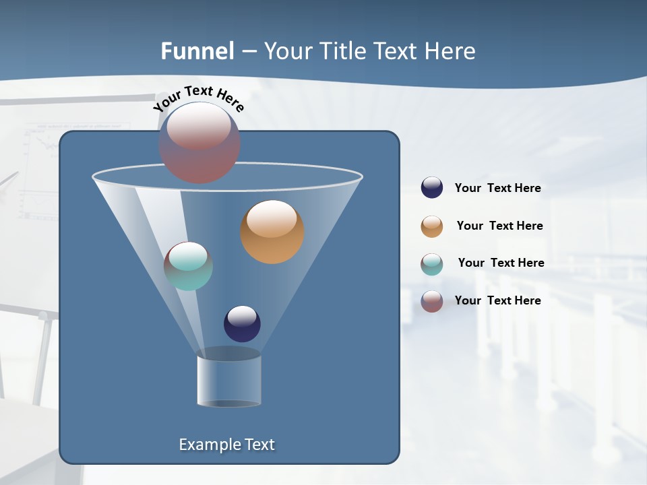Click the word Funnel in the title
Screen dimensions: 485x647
[x=197, y=51]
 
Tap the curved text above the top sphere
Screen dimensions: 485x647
[x=199, y=97]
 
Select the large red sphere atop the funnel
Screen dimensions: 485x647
[x=199, y=143]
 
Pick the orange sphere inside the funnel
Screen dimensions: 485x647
[x=272, y=232]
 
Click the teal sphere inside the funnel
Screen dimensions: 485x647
[x=188, y=266]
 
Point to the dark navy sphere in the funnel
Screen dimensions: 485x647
[x=242, y=324]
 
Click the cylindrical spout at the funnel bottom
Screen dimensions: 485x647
[x=228, y=381]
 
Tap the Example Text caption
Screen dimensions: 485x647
[x=226, y=445]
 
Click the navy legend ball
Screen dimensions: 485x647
[x=432, y=188]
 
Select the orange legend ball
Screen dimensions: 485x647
[x=432, y=226]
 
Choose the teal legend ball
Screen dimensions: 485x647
[x=432, y=264]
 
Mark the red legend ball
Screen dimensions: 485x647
[x=432, y=301]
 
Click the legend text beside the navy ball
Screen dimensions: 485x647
[x=497, y=189]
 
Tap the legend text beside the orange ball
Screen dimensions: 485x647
[x=499, y=226]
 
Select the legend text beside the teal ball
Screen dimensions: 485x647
[x=501, y=263]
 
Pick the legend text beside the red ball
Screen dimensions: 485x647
[x=497, y=300]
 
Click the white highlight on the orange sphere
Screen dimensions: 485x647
[x=272, y=219]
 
